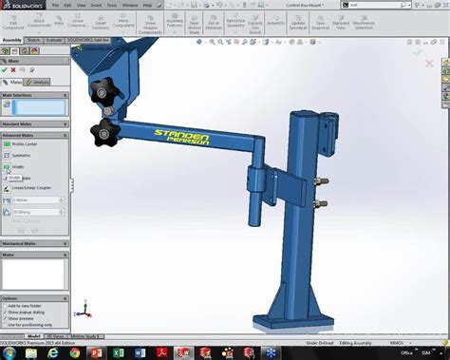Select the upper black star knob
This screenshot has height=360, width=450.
(103, 91)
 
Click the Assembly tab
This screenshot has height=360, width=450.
(11, 41)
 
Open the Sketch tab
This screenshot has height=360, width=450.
(33, 41)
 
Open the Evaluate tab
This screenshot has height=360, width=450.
(54, 41)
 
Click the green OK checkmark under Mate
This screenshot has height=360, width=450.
(6, 69)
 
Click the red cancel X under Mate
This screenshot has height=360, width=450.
(16, 69)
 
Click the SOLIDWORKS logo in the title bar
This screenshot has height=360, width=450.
(23, 5)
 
